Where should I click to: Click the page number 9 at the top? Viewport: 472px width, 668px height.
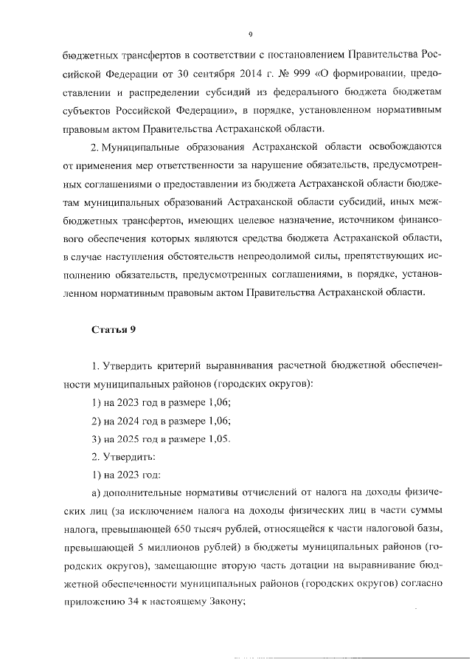click(251, 34)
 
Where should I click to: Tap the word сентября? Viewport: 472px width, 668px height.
click(184, 75)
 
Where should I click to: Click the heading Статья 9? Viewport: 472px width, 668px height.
click(113, 330)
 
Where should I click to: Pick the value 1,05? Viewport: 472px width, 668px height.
click(219, 438)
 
